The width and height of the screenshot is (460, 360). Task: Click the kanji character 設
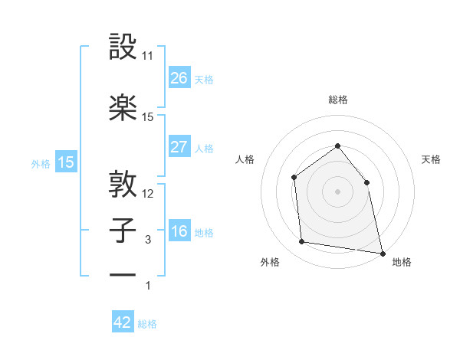tap(123, 47)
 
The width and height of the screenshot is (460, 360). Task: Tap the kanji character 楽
tap(123, 107)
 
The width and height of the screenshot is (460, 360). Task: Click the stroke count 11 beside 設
tap(148, 57)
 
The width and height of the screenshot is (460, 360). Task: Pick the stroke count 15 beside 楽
tap(148, 117)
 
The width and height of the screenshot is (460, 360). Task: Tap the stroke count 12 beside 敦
tap(148, 194)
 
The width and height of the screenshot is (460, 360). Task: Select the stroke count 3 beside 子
tap(148, 240)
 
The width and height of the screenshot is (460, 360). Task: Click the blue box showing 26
tap(179, 77)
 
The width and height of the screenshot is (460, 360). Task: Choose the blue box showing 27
tap(179, 146)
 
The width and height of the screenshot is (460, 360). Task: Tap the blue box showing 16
tap(179, 231)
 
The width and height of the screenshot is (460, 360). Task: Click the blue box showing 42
tap(123, 322)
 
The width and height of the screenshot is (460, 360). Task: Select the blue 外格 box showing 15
tap(66, 162)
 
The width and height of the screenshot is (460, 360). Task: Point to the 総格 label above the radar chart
tap(337, 100)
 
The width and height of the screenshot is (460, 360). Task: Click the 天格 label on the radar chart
tap(432, 159)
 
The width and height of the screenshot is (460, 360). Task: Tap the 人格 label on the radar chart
tap(245, 159)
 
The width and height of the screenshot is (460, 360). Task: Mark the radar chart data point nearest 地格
tap(382, 253)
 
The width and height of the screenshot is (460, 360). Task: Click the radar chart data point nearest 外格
tap(302, 242)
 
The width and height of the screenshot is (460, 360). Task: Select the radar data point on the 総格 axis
tap(337, 146)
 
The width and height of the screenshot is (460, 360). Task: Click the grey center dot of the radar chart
tap(337, 191)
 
